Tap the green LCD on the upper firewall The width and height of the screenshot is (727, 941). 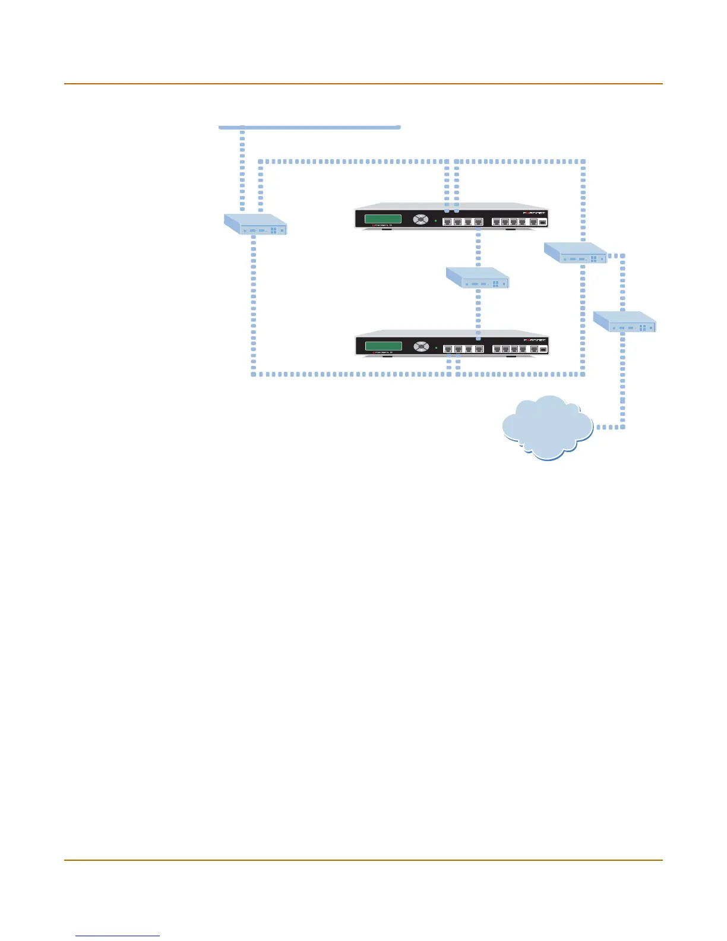click(383, 219)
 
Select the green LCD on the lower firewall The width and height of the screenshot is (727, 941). click(383, 346)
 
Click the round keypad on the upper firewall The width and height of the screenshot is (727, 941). click(421, 219)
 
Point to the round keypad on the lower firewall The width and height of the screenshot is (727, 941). click(421, 346)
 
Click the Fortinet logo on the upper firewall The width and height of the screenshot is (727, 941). click(534, 213)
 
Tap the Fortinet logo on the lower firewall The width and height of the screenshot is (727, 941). click(534, 340)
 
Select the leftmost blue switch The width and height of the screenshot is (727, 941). click(255, 225)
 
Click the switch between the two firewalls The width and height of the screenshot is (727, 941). click(478, 277)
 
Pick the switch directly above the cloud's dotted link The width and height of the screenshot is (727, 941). click(624, 321)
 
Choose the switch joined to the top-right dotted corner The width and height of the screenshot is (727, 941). click(576, 252)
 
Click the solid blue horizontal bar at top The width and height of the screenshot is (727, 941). click(309, 127)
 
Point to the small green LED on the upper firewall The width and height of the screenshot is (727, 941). click(436, 220)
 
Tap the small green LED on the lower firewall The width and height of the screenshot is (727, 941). click(436, 348)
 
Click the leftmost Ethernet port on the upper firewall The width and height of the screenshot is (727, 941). click(448, 222)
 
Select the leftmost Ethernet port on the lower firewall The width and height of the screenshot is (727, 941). click(448, 349)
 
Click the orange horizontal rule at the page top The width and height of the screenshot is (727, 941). click(363, 84)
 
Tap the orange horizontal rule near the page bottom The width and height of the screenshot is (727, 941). click(363, 860)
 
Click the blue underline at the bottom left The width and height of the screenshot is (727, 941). click(118, 936)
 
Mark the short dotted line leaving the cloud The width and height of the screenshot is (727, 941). click(608, 427)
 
